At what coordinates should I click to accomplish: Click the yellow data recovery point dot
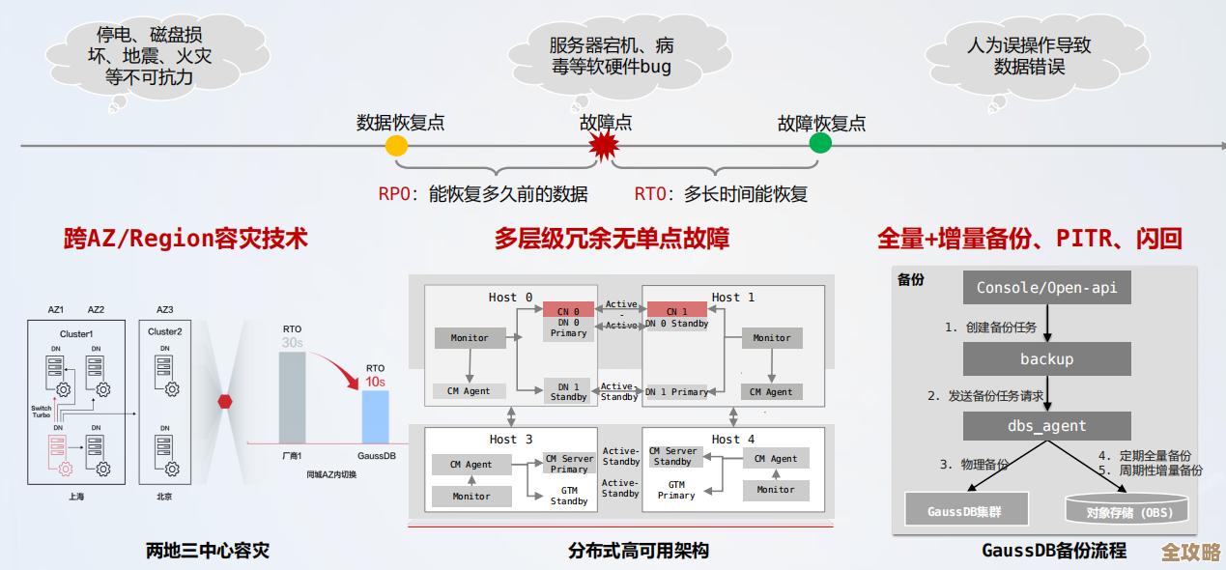(396, 146)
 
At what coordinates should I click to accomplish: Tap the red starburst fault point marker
(604, 147)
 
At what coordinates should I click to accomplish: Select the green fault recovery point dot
(820, 144)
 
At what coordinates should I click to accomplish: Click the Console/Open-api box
(1046, 288)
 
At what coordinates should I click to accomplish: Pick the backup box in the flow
(1046, 359)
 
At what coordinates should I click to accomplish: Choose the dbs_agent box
(1046, 426)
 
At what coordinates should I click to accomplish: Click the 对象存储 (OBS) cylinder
(1127, 510)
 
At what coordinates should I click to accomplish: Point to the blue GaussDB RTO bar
(375, 416)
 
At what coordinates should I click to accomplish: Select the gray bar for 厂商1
(292, 397)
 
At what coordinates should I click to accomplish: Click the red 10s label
(375, 383)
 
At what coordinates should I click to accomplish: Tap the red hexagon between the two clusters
(225, 401)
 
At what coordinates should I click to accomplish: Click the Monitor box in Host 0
(470, 338)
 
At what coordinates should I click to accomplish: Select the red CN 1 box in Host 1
(676, 311)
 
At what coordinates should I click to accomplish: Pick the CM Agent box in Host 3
(470, 465)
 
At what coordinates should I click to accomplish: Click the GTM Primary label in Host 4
(676, 490)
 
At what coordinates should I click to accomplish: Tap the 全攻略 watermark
(1190, 552)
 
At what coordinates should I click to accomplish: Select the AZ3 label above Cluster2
(165, 310)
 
